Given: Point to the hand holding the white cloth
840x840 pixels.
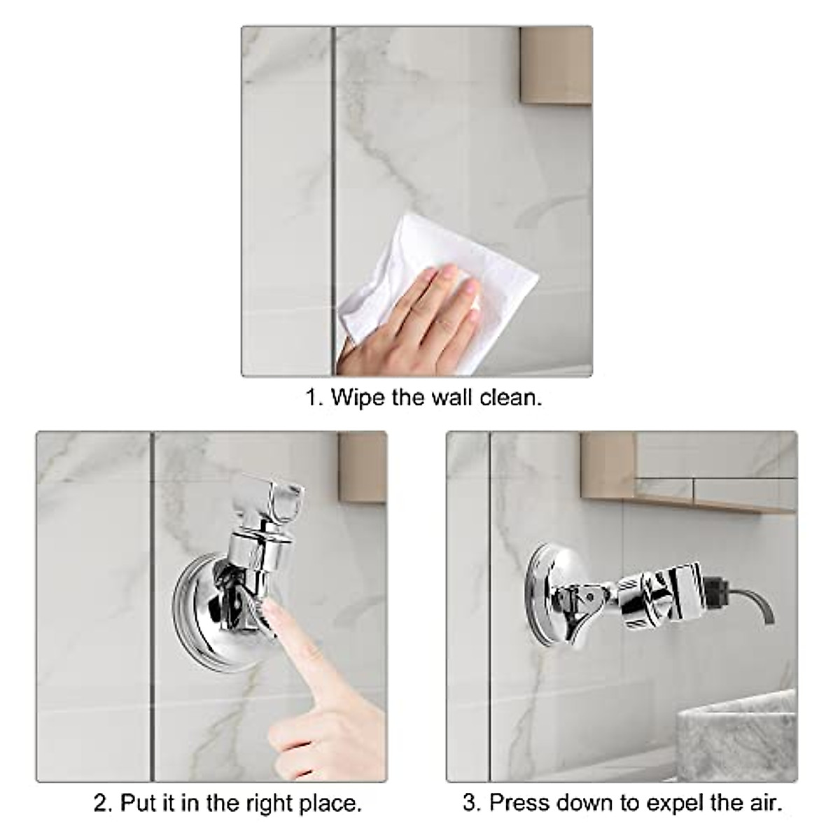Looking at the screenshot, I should point(413,315).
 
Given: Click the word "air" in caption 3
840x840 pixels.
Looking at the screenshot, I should point(764,802).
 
